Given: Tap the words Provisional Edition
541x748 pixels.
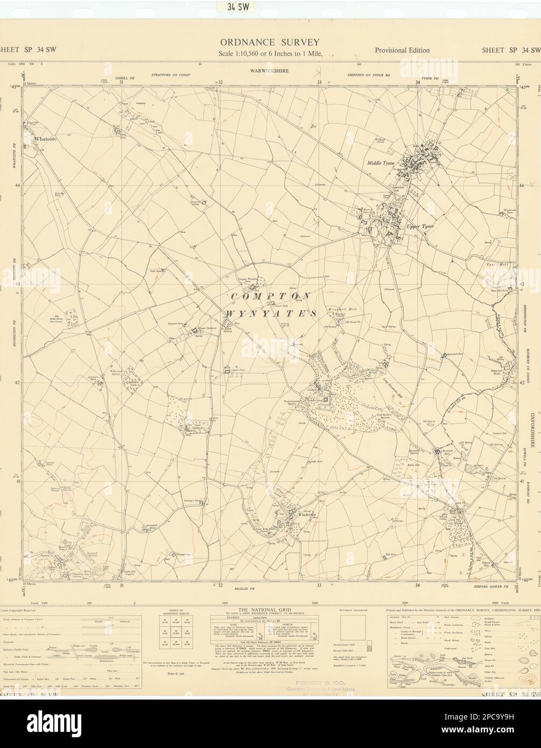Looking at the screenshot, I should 402,51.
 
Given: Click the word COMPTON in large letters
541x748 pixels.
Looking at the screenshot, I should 271,297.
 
